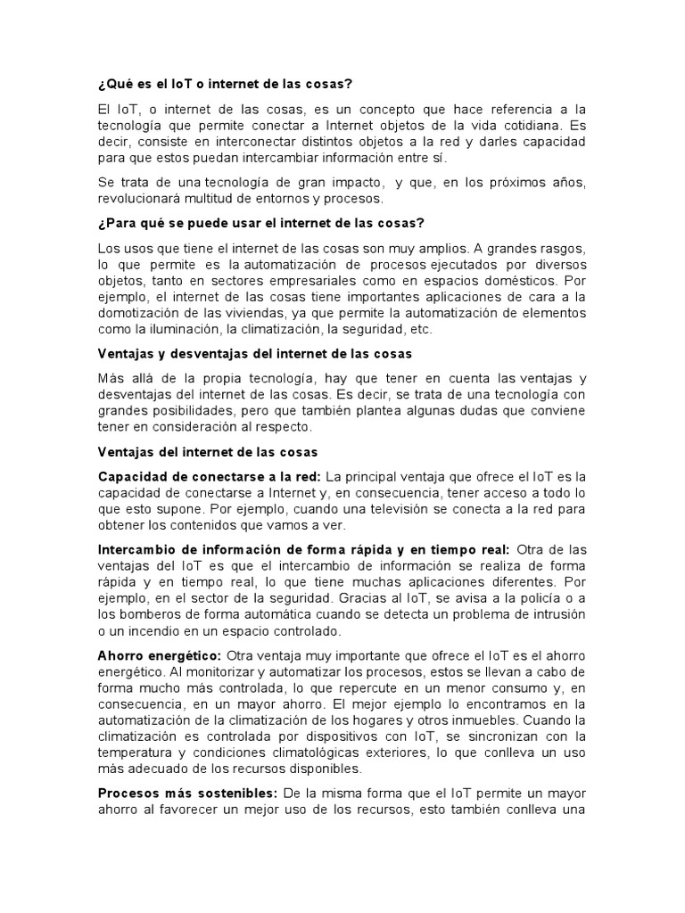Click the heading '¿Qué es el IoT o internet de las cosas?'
point(226,84)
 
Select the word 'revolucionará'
point(139,199)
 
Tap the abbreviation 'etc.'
point(420,329)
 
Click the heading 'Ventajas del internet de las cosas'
point(208,452)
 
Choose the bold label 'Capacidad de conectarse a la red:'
point(210,476)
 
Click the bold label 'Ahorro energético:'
point(159,655)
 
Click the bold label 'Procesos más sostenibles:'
point(188,793)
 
